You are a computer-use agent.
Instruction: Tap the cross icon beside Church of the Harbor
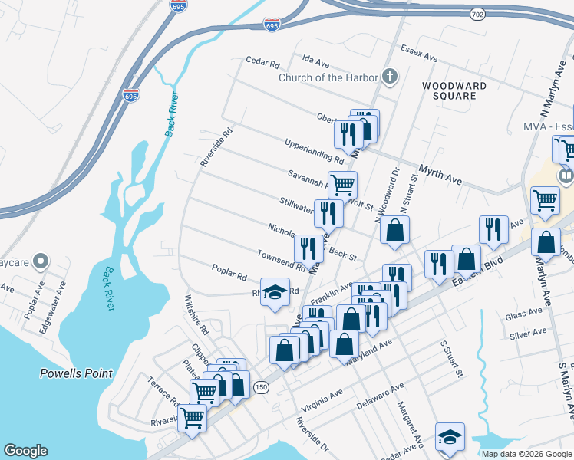click(x=390, y=76)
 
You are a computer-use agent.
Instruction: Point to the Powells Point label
click(x=76, y=374)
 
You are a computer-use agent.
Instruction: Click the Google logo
click(x=25, y=451)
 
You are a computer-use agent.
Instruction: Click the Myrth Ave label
click(x=440, y=175)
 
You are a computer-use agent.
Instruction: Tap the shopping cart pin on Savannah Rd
click(x=342, y=184)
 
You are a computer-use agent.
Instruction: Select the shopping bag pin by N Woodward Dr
click(x=394, y=230)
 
